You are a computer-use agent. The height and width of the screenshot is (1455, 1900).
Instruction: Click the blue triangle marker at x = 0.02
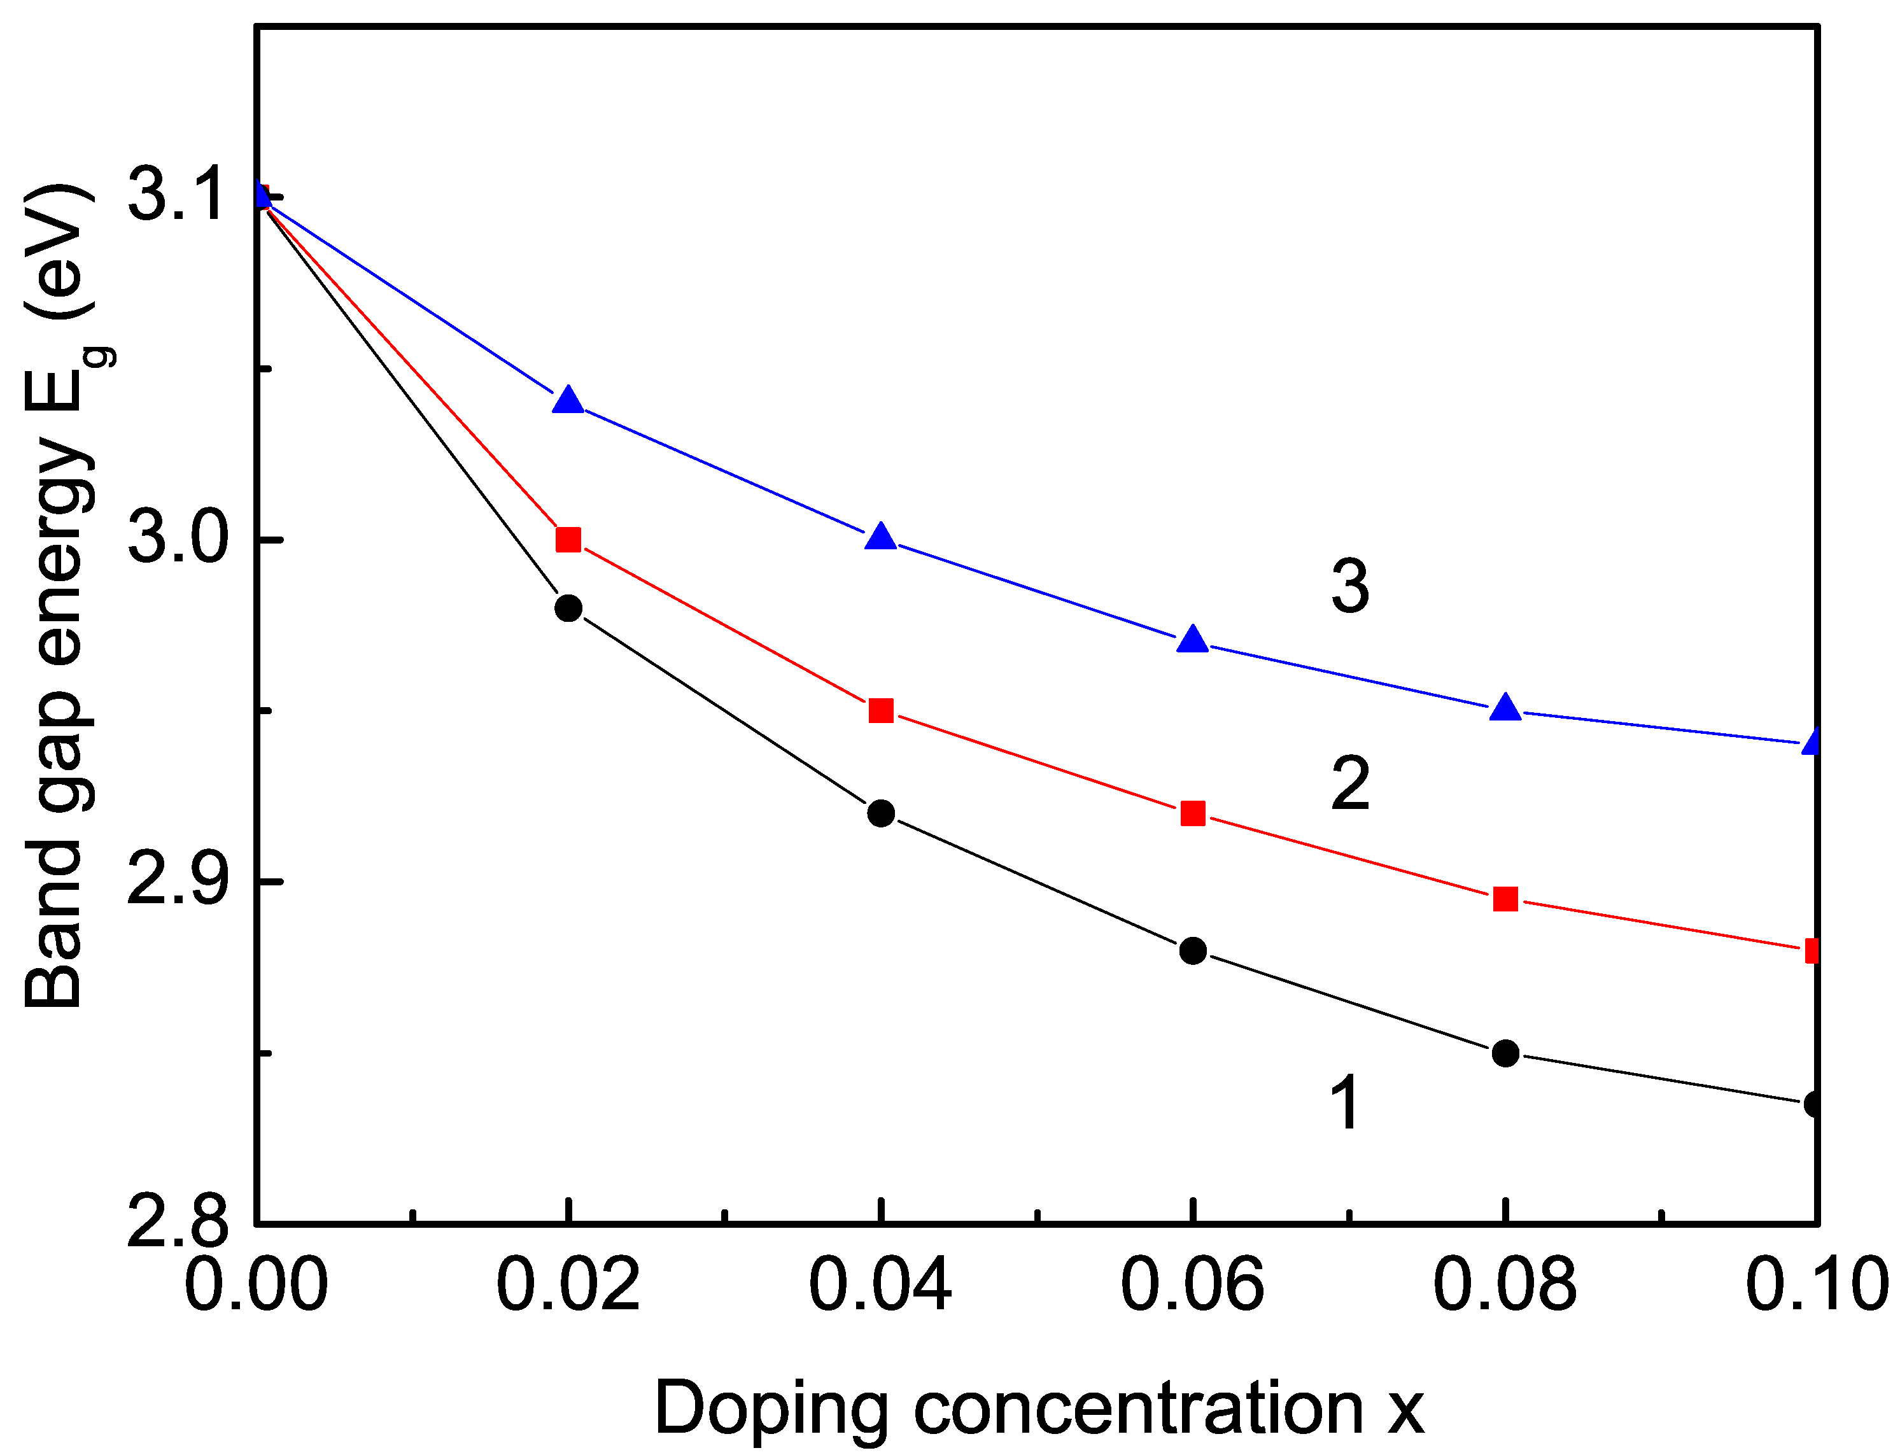tap(568, 401)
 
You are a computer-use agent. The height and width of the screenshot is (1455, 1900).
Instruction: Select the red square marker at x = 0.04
tap(881, 711)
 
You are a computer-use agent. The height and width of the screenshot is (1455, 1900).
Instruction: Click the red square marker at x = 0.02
tap(568, 540)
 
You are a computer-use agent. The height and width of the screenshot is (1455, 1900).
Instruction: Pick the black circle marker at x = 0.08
tap(1506, 1053)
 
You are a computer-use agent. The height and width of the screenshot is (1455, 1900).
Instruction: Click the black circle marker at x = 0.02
tap(568, 608)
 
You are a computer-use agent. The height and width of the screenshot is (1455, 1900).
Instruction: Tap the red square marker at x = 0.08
tap(1506, 899)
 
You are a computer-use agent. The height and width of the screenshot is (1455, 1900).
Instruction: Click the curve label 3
tap(1350, 586)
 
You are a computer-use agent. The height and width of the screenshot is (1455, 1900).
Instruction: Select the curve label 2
tap(1350, 784)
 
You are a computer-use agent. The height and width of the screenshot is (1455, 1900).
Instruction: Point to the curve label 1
tap(1345, 1102)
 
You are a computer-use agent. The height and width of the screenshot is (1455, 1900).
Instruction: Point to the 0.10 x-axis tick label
tap(1816, 1284)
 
